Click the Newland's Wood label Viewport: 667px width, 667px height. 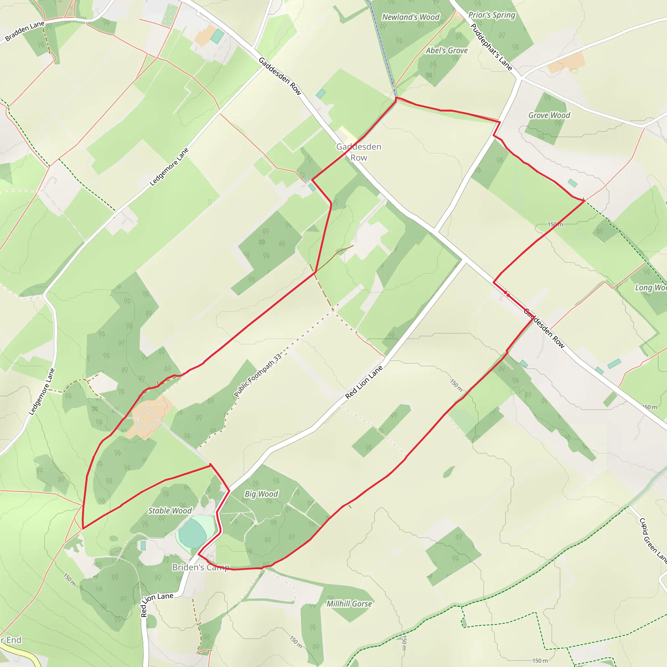[410, 17]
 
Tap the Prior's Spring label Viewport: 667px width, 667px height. [491, 15]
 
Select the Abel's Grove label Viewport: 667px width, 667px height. [447, 50]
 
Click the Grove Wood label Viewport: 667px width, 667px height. [549, 115]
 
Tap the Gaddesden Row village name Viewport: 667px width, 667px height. [359, 152]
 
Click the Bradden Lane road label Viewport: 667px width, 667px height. [24, 31]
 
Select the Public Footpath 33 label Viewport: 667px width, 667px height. [258, 376]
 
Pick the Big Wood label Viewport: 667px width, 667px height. [261, 494]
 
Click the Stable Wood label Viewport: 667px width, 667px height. [169, 511]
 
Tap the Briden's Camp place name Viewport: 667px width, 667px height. [201, 567]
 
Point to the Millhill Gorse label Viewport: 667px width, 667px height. [349, 604]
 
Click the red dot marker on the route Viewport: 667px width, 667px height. [507, 294]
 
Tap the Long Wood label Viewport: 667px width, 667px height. [650, 288]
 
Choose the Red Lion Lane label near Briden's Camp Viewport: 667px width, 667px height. [157, 604]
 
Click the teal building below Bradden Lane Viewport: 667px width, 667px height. [217, 36]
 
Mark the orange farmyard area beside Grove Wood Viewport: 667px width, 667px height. [566, 63]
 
